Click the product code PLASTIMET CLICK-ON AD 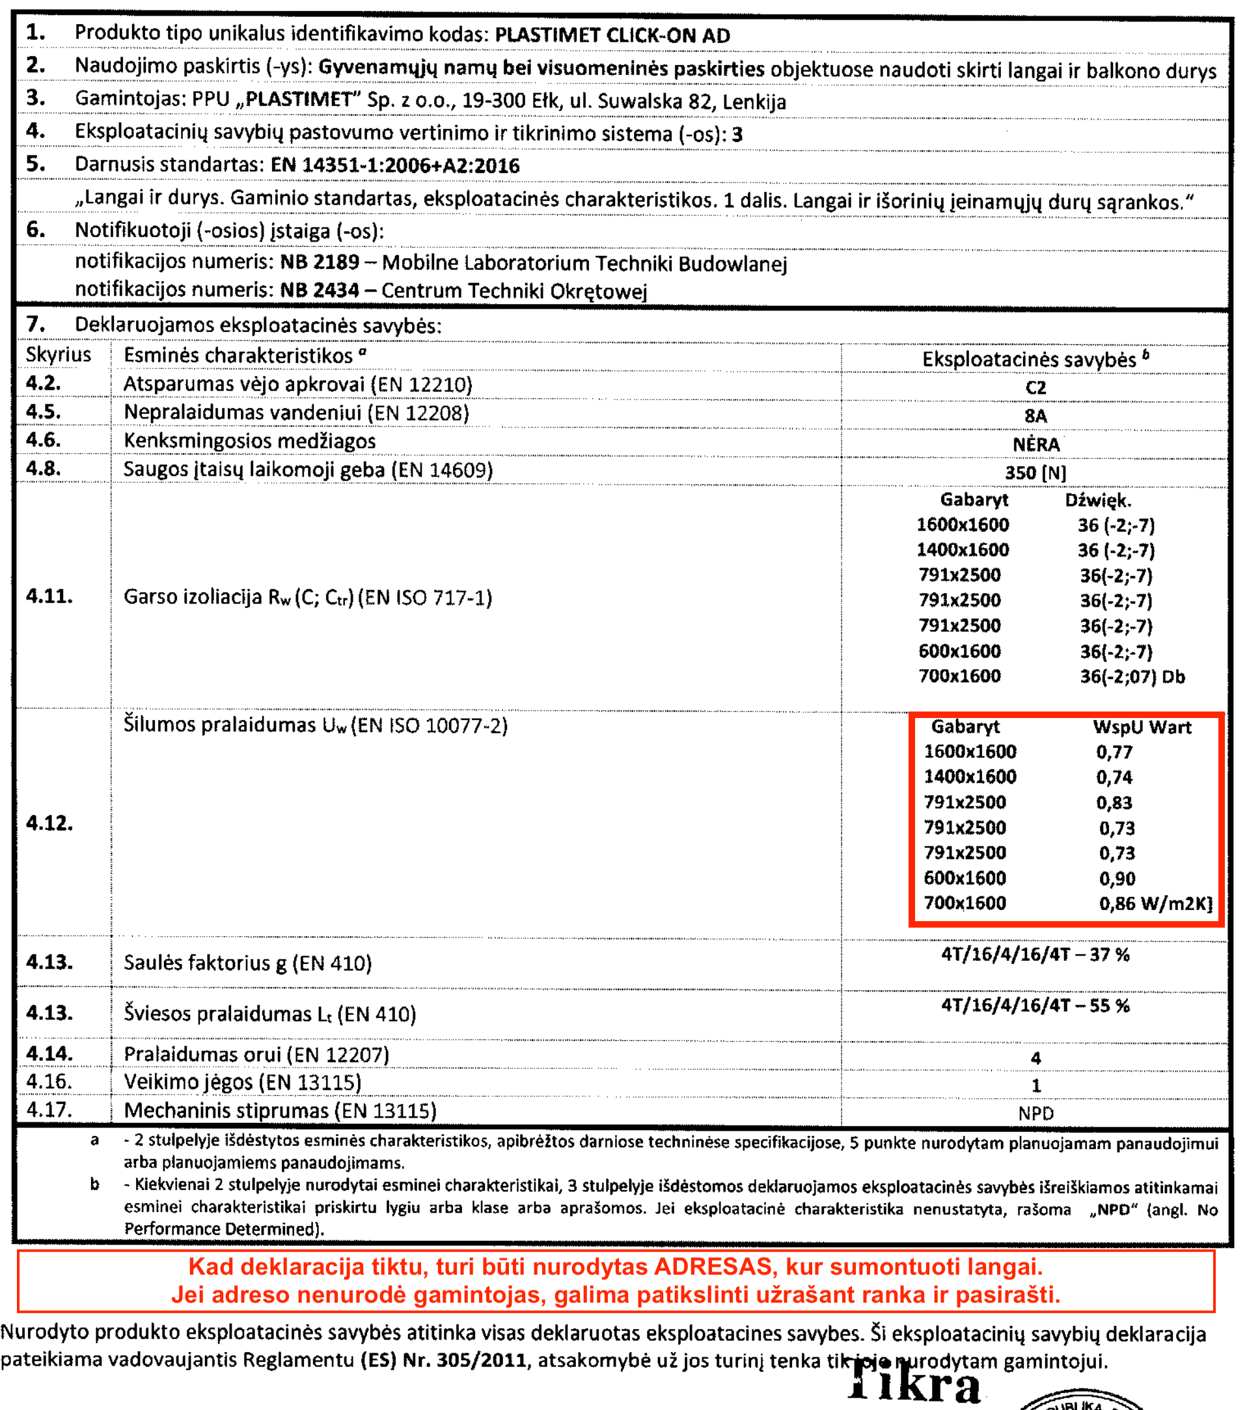coord(612,35)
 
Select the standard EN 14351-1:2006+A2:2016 coord(394,165)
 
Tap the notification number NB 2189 coord(320,262)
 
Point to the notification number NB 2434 coord(320,290)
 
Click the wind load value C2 coord(1035,388)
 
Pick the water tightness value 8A coord(1035,416)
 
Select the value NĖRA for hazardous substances coord(1036,444)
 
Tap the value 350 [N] coord(1035,473)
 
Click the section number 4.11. coord(49,596)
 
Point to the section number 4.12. coord(49,823)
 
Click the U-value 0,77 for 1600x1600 coord(1114,752)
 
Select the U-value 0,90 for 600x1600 coord(1117,878)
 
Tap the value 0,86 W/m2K coord(1155,904)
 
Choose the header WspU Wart coord(1142,727)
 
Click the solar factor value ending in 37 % coord(1035,955)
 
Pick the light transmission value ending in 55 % coord(1035,1006)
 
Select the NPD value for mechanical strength coord(1036,1113)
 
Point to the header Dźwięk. coord(1098,500)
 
